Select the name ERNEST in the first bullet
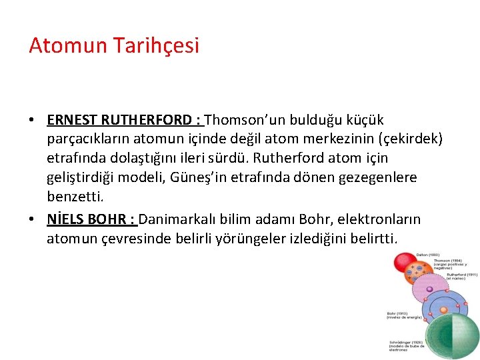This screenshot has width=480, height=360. click(x=73, y=120)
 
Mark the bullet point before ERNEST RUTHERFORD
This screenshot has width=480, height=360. click(x=32, y=121)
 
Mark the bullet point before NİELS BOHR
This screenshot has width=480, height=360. click(x=32, y=219)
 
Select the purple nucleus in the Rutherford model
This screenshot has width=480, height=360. click(x=429, y=289)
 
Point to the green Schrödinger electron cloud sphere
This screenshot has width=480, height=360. click(x=452, y=335)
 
